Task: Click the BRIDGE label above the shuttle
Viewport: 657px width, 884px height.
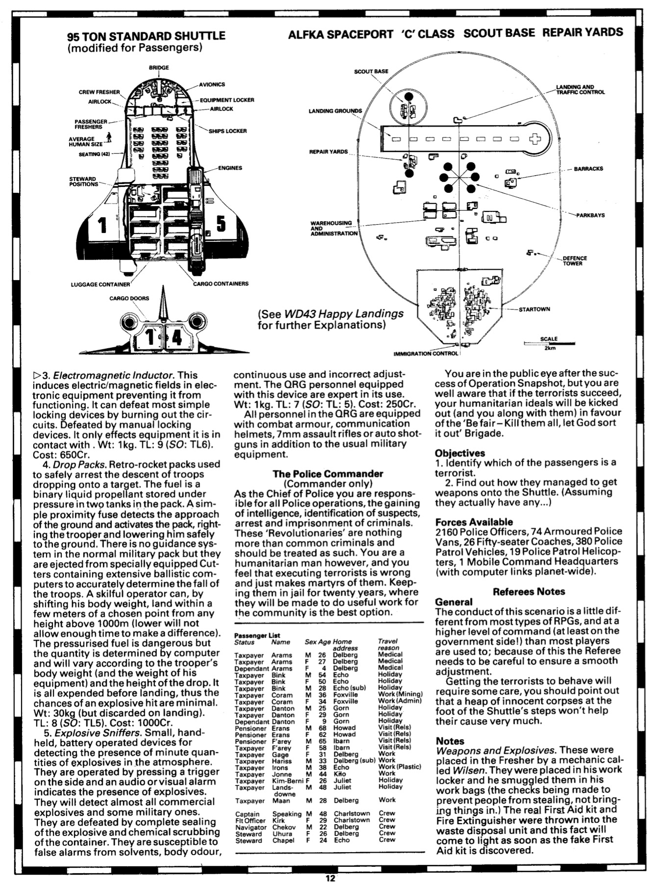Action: pos(159,67)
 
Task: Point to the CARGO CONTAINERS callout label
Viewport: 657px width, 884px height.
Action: pos(221,284)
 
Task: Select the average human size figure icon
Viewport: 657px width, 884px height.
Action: pos(109,137)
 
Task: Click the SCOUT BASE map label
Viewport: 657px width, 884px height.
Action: pos(371,71)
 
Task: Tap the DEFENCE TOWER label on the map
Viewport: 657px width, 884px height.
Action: pos(575,260)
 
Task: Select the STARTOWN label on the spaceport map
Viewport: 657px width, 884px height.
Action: pos(534,309)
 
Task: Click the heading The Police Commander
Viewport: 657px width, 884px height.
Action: pos(328,474)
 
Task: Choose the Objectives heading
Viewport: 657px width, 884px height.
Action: pos(460,453)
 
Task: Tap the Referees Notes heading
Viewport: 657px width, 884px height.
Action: pos(529,592)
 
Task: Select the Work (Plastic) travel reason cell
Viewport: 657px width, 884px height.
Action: pos(400,767)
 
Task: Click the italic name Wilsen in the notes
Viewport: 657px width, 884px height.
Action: pos(452,770)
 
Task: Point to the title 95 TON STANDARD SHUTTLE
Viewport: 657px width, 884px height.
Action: pos(146,36)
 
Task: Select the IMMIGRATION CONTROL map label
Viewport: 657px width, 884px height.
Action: pos(426,353)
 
